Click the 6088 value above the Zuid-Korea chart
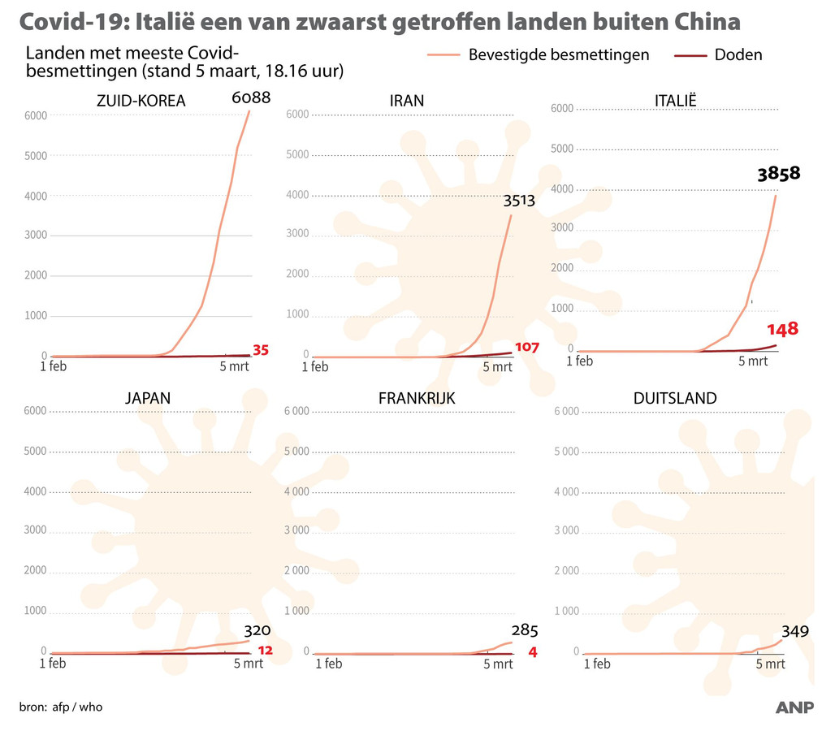click(x=250, y=98)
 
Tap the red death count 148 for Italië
click(x=782, y=329)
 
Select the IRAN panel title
click(x=406, y=102)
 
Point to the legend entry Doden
click(x=738, y=55)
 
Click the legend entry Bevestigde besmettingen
click(x=559, y=55)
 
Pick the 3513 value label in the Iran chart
click(x=518, y=200)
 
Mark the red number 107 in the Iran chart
click(x=527, y=347)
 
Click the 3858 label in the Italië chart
click(x=778, y=173)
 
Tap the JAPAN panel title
click(x=148, y=398)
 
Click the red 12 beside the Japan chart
click(x=264, y=651)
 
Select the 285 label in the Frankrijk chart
click(x=525, y=631)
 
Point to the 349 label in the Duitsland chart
click(x=795, y=631)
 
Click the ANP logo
click(x=794, y=708)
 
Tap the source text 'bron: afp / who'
click(x=61, y=707)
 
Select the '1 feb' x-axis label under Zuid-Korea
click(x=53, y=366)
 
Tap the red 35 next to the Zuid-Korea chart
click(x=260, y=351)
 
